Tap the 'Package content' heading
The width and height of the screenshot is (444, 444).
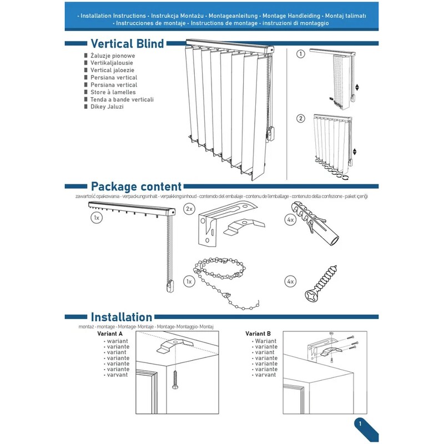pyautogui.click(x=136, y=186)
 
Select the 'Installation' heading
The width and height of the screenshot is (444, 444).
pyautogui.click(x=121, y=317)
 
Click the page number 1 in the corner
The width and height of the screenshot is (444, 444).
pyautogui.click(x=361, y=424)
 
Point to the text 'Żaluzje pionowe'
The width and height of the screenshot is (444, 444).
pyautogui.click(x=113, y=56)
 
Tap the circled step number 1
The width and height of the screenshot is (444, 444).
pyautogui.click(x=301, y=54)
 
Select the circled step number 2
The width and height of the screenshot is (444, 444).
pyautogui.click(x=301, y=118)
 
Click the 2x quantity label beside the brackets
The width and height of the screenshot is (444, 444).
pyautogui.click(x=189, y=209)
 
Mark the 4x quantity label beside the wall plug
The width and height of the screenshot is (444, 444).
pyautogui.click(x=290, y=220)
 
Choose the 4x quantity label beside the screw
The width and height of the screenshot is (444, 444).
pyautogui.click(x=290, y=282)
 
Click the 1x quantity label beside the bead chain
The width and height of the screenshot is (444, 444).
pyautogui.click(x=189, y=282)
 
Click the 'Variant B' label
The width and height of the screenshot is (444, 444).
pyautogui.click(x=258, y=334)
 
